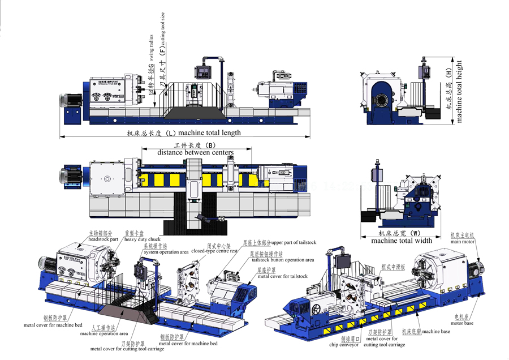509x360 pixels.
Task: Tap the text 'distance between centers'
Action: [x=195, y=152]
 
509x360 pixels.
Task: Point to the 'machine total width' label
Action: [x=402, y=241]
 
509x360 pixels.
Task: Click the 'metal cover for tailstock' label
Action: [x=283, y=276]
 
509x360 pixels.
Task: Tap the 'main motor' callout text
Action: [x=462, y=242]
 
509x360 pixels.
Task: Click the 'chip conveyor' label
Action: [x=345, y=343]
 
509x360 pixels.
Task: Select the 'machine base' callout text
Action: [x=437, y=331]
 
